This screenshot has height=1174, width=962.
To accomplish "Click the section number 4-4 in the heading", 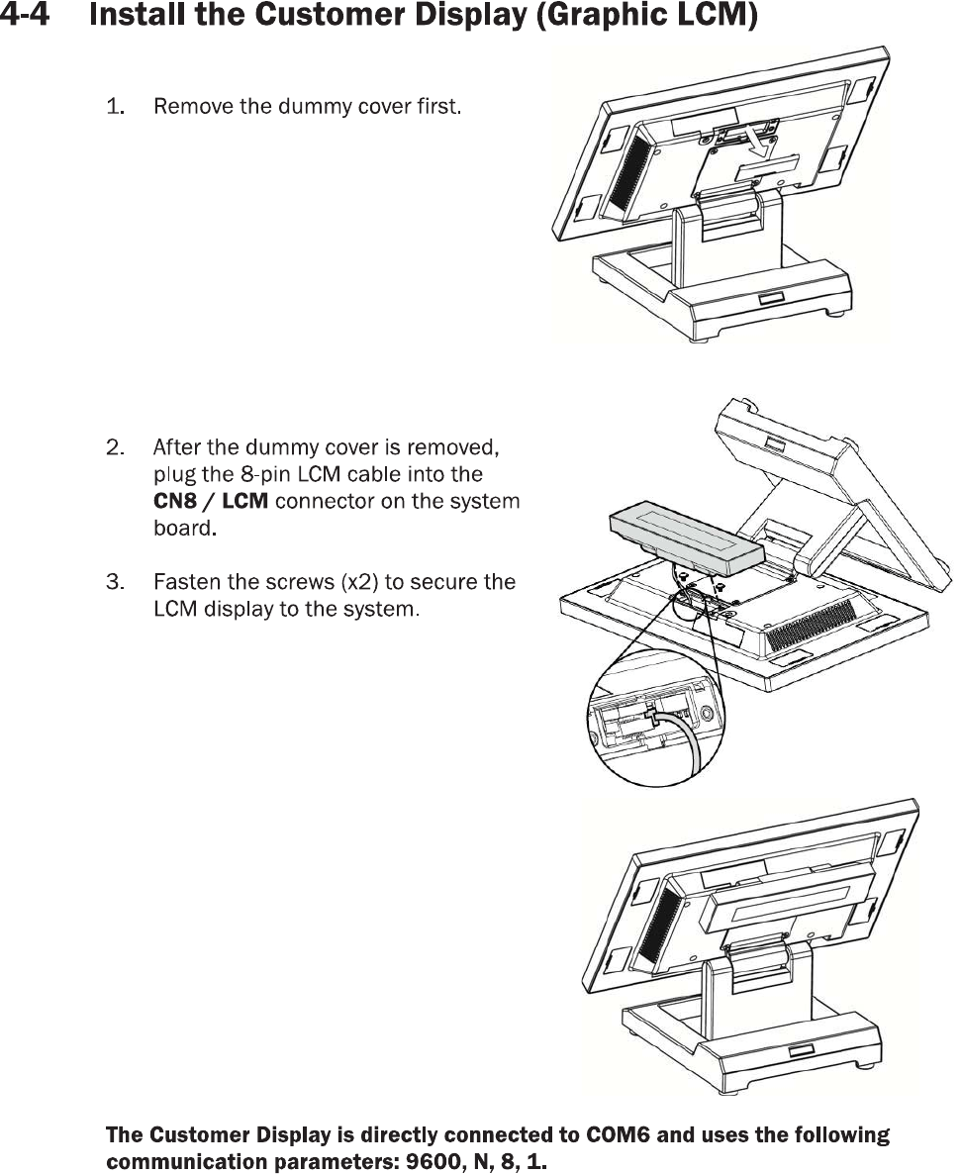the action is [x=28, y=18].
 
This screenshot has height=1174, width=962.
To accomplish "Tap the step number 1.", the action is [x=115, y=106].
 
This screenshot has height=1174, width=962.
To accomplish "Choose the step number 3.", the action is [x=115, y=581].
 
